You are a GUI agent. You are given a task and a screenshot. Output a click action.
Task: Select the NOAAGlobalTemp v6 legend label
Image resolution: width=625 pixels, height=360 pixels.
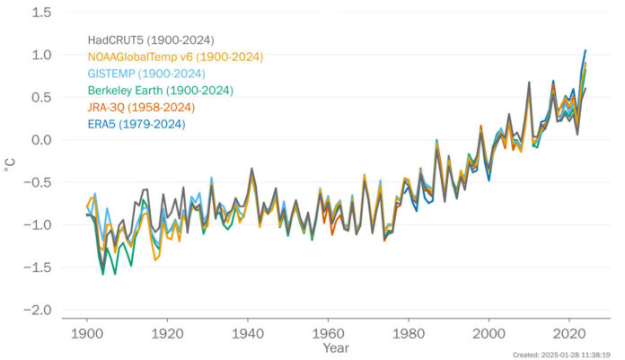tap(174, 57)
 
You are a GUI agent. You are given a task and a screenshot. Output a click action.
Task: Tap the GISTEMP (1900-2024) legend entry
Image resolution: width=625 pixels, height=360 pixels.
tap(146, 74)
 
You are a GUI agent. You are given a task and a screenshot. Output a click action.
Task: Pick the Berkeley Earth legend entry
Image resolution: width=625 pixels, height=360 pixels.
tap(160, 91)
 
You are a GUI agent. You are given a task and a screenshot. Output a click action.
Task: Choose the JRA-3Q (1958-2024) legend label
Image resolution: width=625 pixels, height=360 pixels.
tap(147, 108)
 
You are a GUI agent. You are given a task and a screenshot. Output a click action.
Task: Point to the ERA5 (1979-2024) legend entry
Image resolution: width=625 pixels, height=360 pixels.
tap(143, 124)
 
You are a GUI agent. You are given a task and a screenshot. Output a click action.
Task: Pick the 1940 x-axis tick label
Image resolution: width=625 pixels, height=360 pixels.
tap(248, 330)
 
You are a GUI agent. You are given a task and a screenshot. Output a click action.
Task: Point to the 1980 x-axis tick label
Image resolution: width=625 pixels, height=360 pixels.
tap(409, 330)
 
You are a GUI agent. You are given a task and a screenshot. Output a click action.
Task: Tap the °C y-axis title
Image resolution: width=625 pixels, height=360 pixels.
tap(11, 162)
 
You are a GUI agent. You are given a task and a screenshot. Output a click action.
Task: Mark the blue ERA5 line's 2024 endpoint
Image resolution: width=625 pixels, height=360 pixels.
tap(585, 50)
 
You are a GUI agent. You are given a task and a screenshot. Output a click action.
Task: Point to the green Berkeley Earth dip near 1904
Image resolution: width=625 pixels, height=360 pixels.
tap(102, 274)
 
